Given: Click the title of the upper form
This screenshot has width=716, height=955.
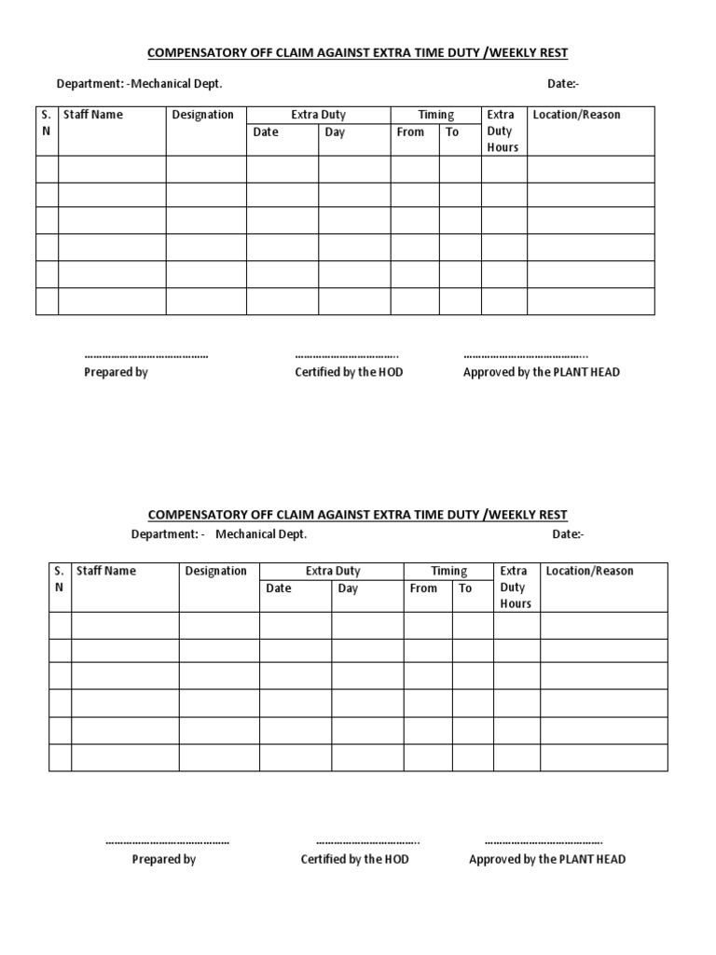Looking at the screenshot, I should tap(358, 53).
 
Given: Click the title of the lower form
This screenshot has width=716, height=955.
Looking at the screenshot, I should tap(358, 515).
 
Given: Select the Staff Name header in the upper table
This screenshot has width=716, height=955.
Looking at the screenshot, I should tap(93, 115).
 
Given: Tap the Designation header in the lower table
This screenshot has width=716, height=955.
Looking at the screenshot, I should tap(215, 571).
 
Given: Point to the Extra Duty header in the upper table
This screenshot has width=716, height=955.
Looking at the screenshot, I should tap(318, 115).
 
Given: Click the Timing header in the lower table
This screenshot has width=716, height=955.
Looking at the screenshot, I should tap(448, 571).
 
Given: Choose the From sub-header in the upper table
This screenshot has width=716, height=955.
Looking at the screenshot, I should tap(410, 132).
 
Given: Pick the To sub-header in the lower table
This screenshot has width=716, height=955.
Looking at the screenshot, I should tap(465, 588).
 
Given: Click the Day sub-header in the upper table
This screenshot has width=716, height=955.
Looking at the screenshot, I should tap(335, 132).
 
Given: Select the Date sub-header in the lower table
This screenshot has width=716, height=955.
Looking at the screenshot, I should tap(279, 588).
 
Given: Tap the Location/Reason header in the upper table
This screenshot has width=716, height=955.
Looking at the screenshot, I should tap(576, 115).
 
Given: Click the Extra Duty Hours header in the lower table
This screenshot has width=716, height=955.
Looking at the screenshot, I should tap(516, 587).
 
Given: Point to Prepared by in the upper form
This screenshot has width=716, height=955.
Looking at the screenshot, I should tap(117, 372).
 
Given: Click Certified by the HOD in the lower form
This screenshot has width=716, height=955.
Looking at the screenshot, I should tap(354, 859).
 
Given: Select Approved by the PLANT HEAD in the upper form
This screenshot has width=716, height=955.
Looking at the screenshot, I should tap(542, 372).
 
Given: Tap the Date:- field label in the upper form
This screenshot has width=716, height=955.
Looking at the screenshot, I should tap(563, 84).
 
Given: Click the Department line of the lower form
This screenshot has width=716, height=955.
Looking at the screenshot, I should tap(219, 534).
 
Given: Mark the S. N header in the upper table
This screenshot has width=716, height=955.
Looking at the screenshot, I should tap(47, 123).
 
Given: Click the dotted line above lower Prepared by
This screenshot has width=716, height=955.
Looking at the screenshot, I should tap(167, 842).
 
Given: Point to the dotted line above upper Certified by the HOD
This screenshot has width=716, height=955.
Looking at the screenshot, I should tap(347, 355).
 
